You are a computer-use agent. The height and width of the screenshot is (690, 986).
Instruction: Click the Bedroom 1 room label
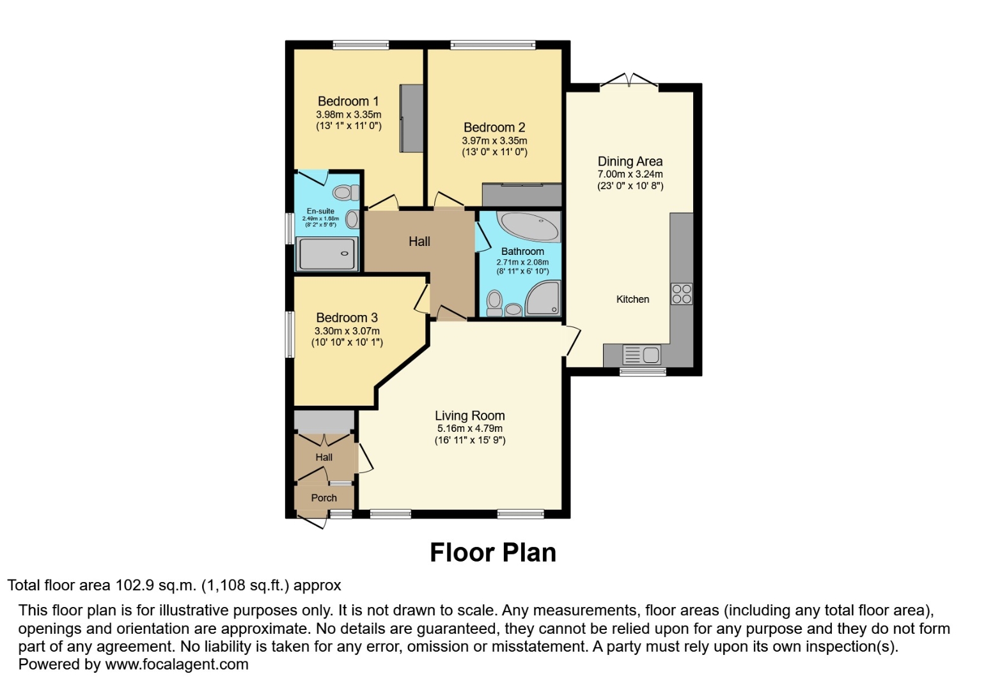pyautogui.click(x=348, y=101)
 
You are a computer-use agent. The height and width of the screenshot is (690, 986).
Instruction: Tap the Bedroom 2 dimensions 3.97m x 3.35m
pyautogui.click(x=494, y=141)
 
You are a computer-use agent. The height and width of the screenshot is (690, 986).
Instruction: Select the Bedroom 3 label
pyautogui.click(x=347, y=318)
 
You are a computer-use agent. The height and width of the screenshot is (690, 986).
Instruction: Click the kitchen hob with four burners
pyautogui.click(x=682, y=294)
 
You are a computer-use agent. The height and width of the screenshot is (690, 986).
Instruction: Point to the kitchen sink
pyautogui.click(x=642, y=354)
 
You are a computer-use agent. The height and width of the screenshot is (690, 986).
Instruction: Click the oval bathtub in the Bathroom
pyautogui.click(x=529, y=226)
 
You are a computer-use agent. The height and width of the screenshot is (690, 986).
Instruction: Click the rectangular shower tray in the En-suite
pyautogui.click(x=327, y=254)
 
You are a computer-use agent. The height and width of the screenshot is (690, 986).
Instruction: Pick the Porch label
pyautogui.click(x=324, y=498)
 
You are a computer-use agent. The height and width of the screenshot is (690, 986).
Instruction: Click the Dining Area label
pyautogui.click(x=630, y=162)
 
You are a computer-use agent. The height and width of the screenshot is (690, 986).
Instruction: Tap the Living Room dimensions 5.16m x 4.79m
pyautogui.click(x=469, y=429)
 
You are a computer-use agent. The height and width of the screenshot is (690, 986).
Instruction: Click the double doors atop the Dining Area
pyautogui.click(x=629, y=81)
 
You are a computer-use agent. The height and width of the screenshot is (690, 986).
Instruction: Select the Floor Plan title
pyautogui.click(x=492, y=553)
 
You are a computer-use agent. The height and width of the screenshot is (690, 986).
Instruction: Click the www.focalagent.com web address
pyautogui.click(x=176, y=664)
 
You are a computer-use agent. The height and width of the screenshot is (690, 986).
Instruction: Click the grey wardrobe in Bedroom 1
pyautogui.click(x=412, y=118)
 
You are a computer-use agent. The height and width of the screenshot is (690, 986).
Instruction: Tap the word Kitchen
pyautogui.click(x=632, y=299)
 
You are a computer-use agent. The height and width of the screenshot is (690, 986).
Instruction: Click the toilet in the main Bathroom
pyautogui.click(x=494, y=303)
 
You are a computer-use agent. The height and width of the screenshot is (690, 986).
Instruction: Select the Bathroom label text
pyautogui.click(x=522, y=251)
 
